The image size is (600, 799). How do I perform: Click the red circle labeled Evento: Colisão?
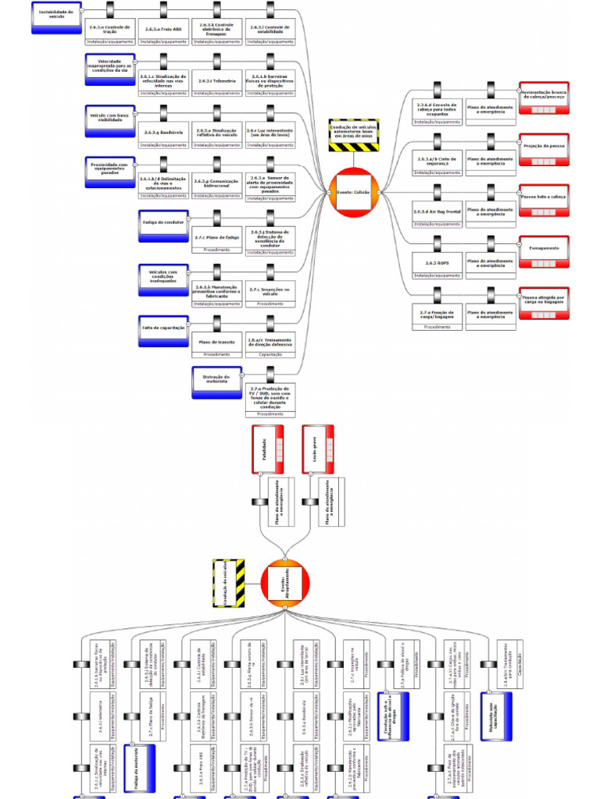(352, 190)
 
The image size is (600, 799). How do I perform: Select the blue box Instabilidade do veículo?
(57, 16)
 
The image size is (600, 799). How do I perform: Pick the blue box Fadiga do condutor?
(163, 224)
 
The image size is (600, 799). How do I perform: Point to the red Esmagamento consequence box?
(544, 249)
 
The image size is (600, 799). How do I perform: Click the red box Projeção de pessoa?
(544, 147)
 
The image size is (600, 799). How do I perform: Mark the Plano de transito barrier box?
(216, 342)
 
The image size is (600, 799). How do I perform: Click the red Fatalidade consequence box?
(266, 449)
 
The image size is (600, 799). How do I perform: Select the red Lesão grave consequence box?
(318, 449)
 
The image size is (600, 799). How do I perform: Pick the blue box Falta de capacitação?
(163, 328)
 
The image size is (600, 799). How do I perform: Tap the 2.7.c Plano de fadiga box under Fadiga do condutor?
(216, 237)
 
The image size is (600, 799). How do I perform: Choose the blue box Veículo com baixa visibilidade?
(110, 120)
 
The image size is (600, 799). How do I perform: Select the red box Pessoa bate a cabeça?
(544, 197)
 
